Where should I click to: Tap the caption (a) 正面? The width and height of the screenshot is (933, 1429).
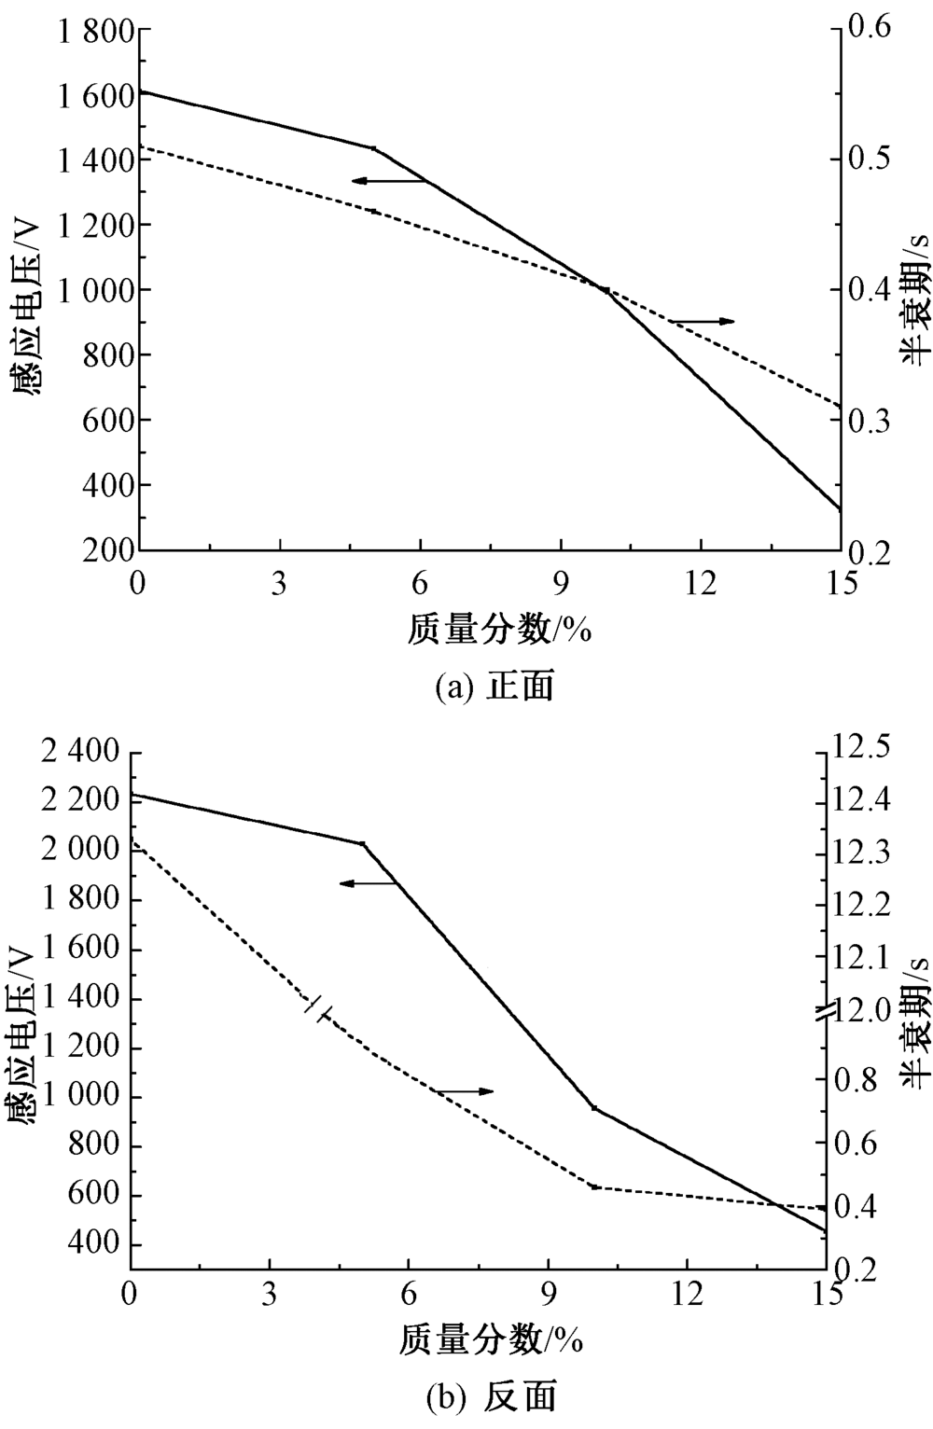point(494,687)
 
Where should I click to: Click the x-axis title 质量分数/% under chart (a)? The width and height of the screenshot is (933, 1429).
point(500,631)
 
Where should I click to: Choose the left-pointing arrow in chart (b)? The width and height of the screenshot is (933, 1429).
point(369,882)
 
